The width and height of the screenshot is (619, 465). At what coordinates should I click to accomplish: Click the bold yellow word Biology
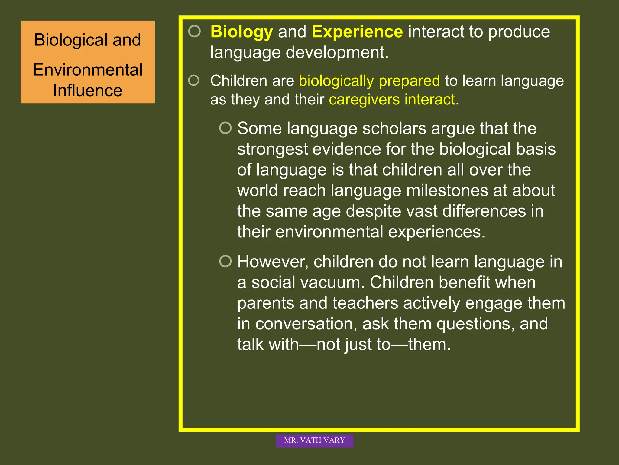[241, 32]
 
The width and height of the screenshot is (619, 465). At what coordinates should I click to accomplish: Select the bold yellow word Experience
[357, 31]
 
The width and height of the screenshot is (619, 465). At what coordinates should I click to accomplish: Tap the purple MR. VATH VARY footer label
[314, 440]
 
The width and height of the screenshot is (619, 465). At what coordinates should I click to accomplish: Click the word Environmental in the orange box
[88, 70]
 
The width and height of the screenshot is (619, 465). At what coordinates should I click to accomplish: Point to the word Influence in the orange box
[88, 91]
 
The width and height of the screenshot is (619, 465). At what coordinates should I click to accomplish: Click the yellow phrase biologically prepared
[369, 81]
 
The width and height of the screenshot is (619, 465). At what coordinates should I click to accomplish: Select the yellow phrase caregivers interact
[392, 100]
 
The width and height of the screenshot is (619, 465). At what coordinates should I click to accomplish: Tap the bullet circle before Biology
[194, 31]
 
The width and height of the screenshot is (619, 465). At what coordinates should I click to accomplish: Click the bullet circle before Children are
[194, 81]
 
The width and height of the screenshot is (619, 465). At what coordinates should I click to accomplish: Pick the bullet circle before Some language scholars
[225, 128]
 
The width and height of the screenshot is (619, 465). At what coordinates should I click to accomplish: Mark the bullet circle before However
[225, 261]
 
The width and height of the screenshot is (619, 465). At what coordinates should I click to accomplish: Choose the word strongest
[272, 150]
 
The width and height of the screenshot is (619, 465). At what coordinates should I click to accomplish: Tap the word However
[272, 262]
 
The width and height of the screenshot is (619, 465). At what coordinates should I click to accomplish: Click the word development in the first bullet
[337, 53]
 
